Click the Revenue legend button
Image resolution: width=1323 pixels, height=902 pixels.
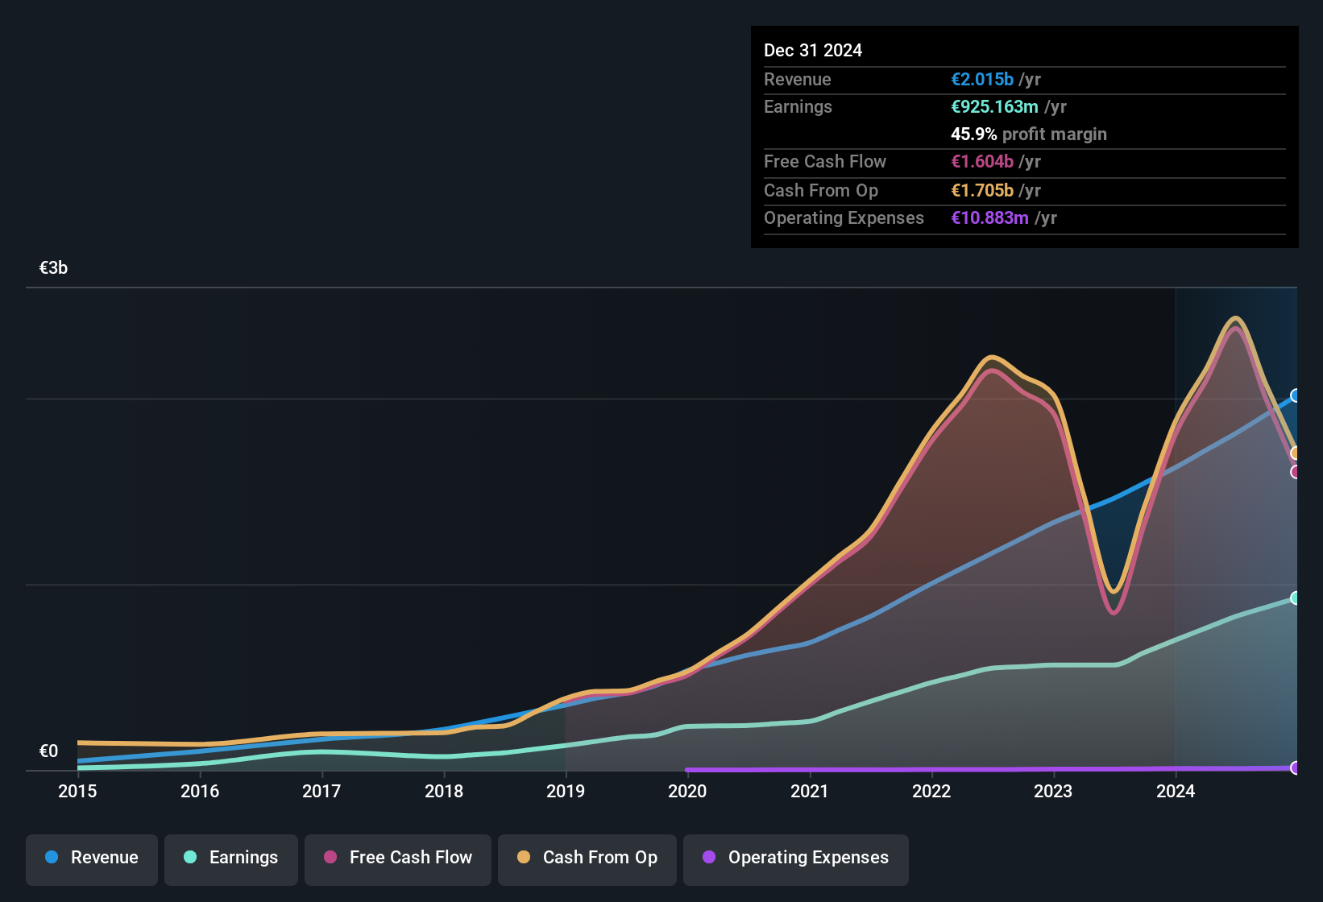pos(92,858)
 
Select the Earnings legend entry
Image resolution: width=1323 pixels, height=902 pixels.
pos(231,858)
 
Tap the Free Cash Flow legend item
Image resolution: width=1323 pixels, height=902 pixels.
pos(398,858)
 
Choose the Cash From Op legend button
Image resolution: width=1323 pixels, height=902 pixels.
pos(587,858)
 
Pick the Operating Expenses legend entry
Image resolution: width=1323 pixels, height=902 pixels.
pos(796,858)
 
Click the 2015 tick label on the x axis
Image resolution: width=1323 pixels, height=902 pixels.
pos(77,791)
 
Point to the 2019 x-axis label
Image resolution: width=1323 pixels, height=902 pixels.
pos(566,791)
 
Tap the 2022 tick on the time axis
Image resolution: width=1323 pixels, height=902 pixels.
pos(931,791)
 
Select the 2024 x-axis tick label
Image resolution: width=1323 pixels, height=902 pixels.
pos(1176,791)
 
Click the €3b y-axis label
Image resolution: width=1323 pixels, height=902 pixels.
pos(53,268)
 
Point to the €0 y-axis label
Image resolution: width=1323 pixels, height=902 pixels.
pos(48,751)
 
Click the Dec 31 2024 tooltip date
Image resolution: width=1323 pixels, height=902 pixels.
pos(812,50)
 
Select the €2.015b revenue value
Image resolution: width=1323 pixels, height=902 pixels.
pos(981,79)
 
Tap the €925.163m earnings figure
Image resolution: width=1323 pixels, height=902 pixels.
pos(994,106)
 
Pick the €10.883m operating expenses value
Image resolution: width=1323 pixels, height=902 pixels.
pos(989,217)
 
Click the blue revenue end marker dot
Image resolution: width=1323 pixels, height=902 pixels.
pos(1296,395)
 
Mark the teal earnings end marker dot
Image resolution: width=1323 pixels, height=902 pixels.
pos(1296,598)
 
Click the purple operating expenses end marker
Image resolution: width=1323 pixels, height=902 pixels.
pos(1296,768)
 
